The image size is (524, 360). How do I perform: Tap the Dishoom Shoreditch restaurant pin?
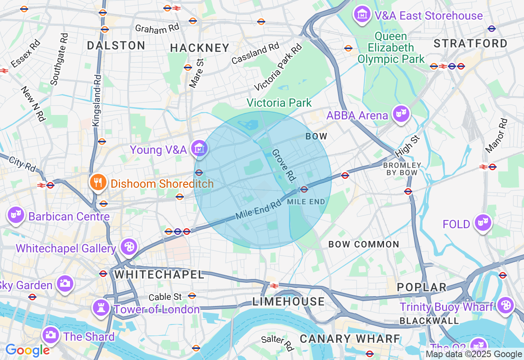click(x=97, y=183)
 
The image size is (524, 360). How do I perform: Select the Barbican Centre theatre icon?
click(x=16, y=215)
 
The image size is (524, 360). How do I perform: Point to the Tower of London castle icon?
click(x=101, y=308)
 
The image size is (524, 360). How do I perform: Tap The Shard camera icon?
click(x=50, y=335)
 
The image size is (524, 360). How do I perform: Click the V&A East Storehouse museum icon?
click(x=362, y=15)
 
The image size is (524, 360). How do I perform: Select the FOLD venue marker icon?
click(x=483, y=223)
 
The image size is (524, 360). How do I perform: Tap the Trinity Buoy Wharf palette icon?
click(x=506, y=306)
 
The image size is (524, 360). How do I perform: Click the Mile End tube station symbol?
click(x=304, y=189)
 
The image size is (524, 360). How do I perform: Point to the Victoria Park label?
click(x=279, y=103)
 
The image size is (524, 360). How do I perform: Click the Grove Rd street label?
click(x=284, y=165)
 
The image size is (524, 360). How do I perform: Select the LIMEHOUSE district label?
click(x=289, y=302)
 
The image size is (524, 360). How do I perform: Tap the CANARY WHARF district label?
click(x=350, y=339)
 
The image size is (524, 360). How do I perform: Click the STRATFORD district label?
click(x=470, y=43)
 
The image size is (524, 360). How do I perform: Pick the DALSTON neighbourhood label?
click(x=116, y=45)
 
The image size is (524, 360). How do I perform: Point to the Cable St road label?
click(x=165, y=297)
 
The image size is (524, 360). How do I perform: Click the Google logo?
click(x=27, y=351)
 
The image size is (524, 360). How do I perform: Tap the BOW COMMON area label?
click(x=364, y=245)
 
